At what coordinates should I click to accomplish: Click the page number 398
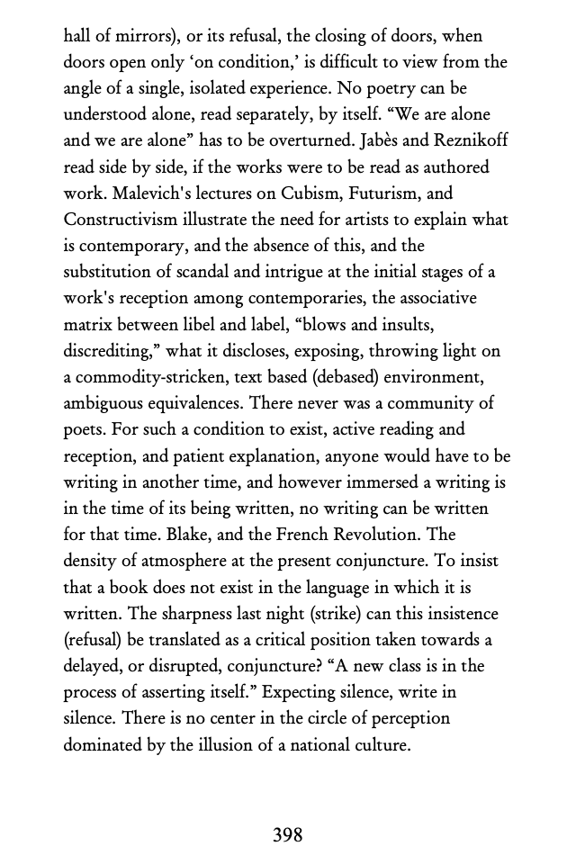pos(287,835)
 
